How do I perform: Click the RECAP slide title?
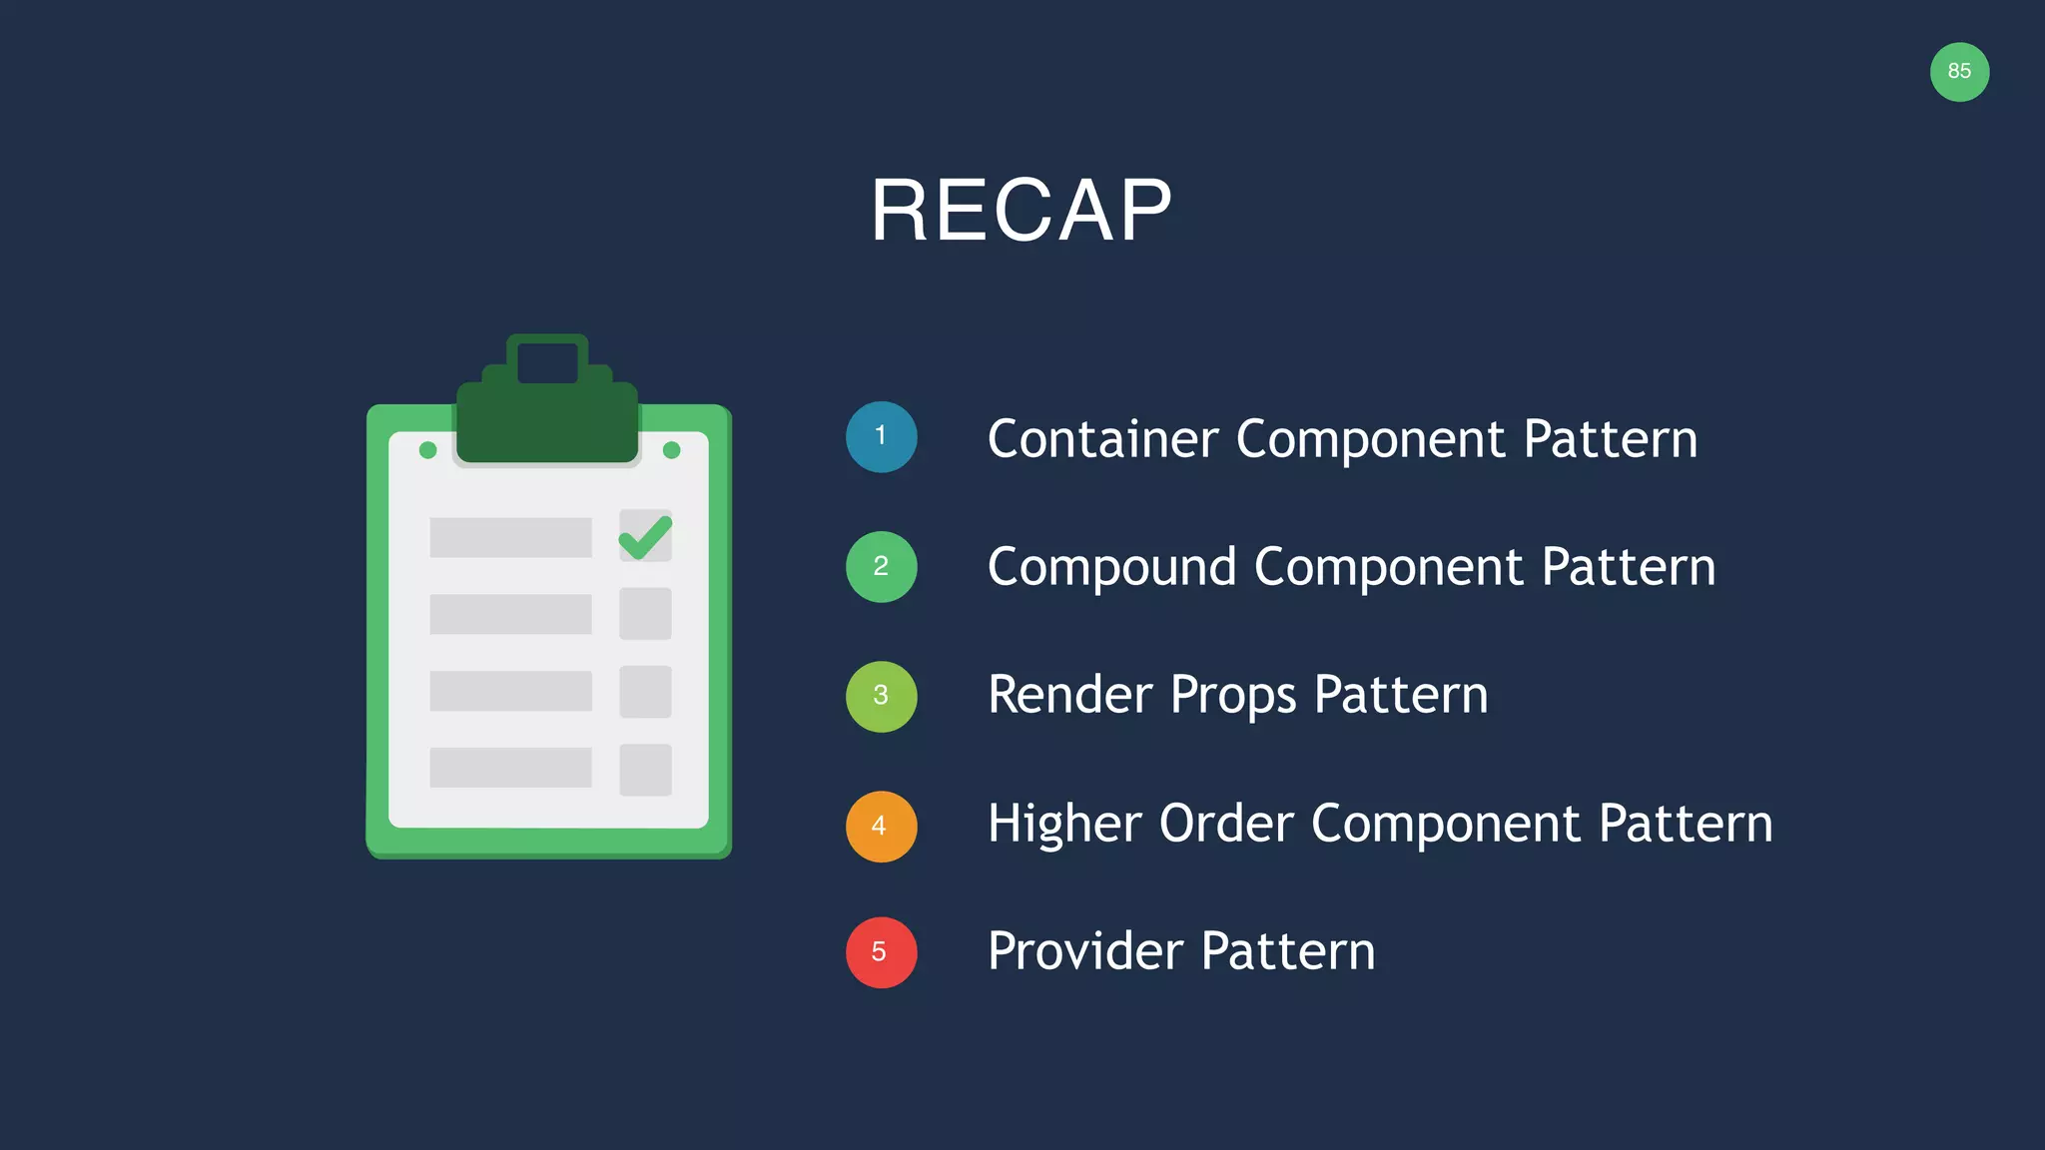1021,211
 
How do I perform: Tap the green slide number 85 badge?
1959,72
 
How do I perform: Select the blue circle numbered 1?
881,437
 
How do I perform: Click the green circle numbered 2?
881,567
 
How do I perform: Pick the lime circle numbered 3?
881,696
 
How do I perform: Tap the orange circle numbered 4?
881,827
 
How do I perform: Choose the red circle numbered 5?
881,952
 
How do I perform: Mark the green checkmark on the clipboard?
645,537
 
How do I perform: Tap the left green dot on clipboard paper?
428,450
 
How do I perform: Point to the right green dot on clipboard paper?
672,450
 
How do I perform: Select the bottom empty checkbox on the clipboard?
645,770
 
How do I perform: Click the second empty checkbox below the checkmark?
645,692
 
